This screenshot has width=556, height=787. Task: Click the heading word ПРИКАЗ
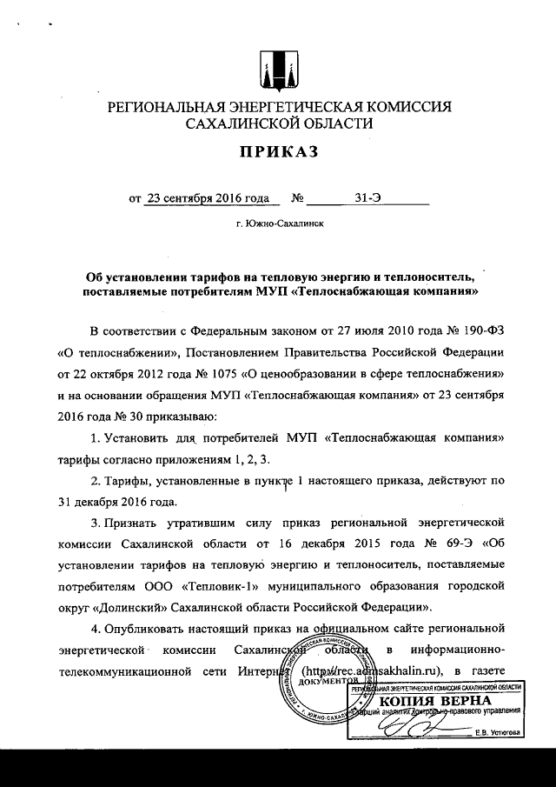tap(278, 153)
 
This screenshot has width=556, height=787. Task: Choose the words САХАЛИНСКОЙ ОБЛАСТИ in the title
tap(278, 123)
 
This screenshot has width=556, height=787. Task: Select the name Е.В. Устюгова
tap(497, 732)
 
